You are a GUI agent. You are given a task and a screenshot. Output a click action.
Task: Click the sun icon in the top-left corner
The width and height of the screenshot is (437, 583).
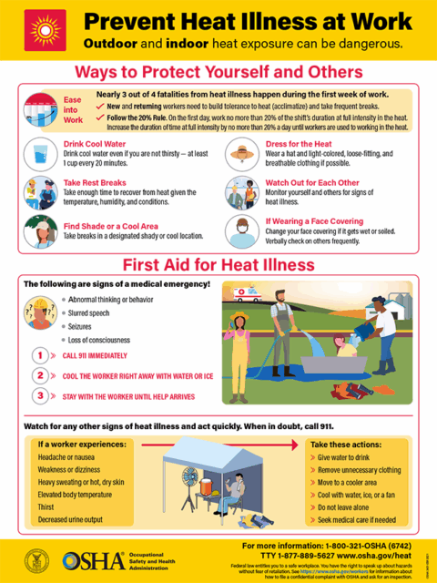[x=39, y=28]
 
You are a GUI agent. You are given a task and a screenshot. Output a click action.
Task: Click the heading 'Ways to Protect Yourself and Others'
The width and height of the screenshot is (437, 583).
[x=218, y=72]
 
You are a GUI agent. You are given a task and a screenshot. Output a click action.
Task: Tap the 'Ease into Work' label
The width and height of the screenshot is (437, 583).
[x=73, y=110]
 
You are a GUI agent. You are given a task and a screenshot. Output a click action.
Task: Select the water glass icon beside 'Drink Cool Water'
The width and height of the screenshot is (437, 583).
[x=39, y=152]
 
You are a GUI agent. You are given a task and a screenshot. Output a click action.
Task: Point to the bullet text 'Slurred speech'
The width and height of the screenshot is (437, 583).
[x=97, y=312]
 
